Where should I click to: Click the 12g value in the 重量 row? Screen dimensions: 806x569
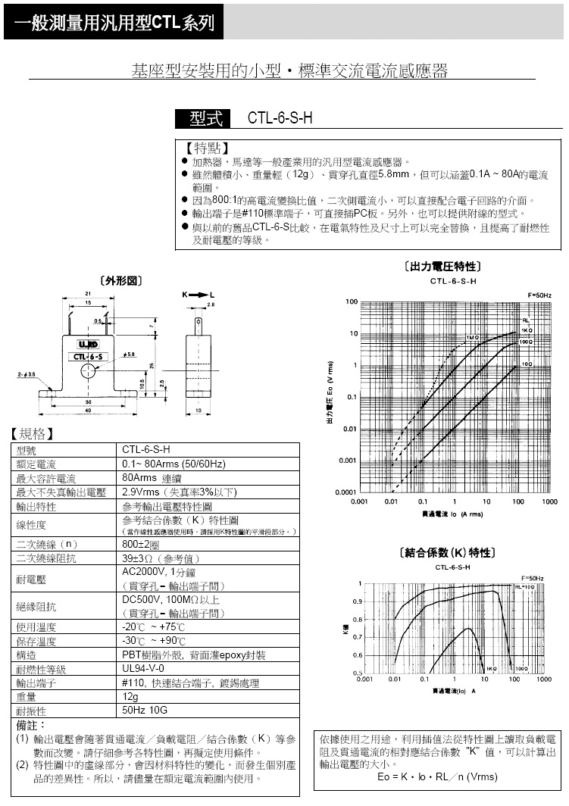131,696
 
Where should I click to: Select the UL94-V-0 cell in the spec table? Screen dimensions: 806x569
143,669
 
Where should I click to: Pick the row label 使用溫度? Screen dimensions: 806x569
36,627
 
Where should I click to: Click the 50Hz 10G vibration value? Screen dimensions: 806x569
144,711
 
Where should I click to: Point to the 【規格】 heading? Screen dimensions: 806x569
32,434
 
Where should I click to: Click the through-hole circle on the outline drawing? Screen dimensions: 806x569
89,371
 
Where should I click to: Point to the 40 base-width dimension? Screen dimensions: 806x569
89,411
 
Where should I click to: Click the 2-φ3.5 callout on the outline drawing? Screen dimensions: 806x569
26,374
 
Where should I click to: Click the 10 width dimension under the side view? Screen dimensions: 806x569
198,411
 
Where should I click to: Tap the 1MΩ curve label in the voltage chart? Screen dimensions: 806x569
473,337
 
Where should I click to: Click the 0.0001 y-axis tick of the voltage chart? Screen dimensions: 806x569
346,492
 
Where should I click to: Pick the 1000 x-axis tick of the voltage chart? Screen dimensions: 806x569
549,501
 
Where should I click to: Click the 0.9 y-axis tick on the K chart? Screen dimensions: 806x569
358,601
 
